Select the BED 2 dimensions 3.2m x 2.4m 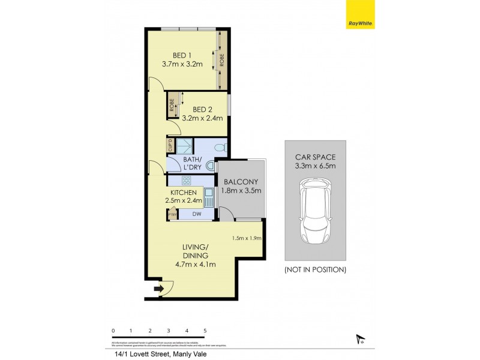pos(202,118)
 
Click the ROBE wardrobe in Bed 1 pos(221,60)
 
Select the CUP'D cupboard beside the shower pos(170,145)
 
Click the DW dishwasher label pos(197,214)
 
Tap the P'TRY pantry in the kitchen pos(172,214)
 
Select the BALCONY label pos(241,182)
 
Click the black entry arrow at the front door pos(158,289)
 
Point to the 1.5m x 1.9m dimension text pos(246,239)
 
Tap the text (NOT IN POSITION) pos(315,270)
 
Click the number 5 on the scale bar pos(205,331)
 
